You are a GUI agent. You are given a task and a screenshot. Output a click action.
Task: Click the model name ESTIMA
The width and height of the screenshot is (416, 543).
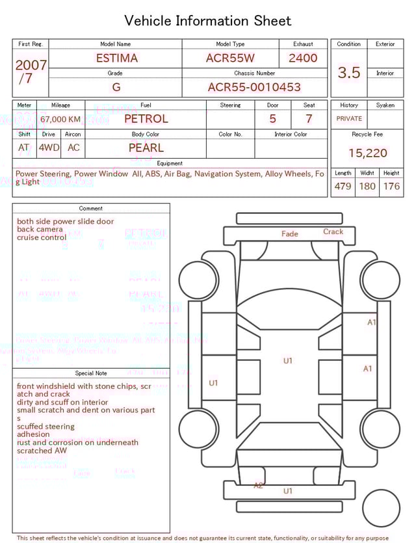(117, 58)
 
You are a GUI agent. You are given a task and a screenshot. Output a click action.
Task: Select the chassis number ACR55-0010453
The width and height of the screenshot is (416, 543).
(254, 87)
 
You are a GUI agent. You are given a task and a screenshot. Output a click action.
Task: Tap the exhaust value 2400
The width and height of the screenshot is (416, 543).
(303, 58)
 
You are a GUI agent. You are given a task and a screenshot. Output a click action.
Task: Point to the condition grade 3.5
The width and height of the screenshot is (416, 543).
(348, 73)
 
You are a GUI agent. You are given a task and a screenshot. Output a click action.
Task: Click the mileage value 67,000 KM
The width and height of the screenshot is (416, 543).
(60, 120)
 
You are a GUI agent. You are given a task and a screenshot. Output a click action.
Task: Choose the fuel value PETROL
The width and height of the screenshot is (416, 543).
(146, 119)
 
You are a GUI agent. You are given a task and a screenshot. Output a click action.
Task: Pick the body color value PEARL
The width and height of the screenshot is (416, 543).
(146, 148)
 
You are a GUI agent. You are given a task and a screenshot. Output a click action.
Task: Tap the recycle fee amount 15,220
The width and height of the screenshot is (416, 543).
(367, 153)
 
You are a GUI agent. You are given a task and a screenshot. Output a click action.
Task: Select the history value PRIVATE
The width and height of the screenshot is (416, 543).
(349, 119)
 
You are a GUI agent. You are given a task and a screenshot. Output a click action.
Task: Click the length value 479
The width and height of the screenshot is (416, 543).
(343, 187)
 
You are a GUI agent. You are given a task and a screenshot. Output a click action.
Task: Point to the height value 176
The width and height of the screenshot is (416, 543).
(391, 187)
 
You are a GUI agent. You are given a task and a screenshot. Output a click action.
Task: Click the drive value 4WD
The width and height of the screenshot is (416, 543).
(49, 148)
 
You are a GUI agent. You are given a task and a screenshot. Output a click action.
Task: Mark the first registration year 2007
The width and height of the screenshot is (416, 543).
(31, 65)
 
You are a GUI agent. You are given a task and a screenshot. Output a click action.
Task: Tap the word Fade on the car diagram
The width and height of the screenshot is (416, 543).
(290, 234)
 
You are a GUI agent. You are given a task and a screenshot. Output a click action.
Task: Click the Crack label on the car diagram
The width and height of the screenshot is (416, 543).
(333, 232)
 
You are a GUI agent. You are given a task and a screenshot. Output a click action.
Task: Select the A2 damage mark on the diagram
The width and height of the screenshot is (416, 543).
(258, 485)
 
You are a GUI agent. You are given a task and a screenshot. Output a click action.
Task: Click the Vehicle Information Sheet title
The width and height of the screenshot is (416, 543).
(208, 21)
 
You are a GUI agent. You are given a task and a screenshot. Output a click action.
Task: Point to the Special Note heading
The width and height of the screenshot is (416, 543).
(91, 373)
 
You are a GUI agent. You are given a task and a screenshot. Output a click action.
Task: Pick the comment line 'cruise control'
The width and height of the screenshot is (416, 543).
(42, 237)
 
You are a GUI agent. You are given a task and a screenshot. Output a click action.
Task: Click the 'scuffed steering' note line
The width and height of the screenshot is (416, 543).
(45, 427)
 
